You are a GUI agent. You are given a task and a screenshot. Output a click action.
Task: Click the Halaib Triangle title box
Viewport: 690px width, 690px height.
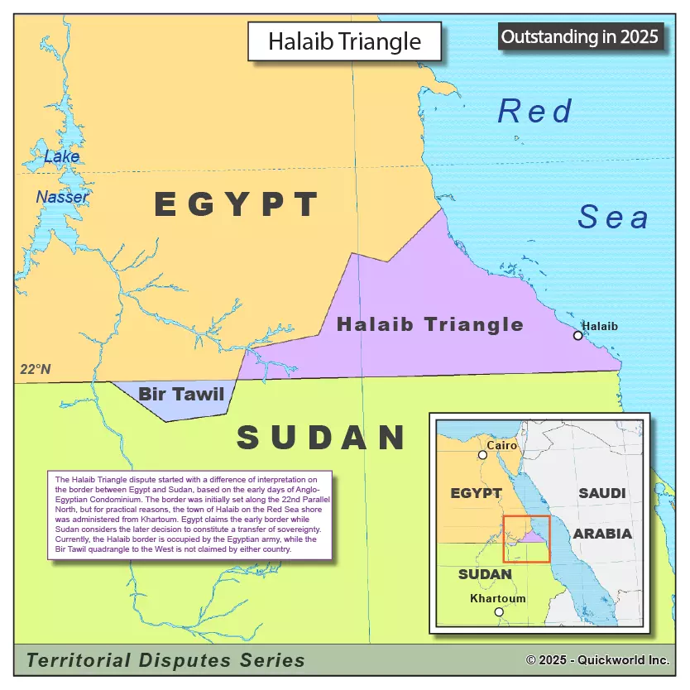(345, 41)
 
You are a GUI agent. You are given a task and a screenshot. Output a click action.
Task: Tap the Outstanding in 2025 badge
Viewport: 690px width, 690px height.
(580, 36)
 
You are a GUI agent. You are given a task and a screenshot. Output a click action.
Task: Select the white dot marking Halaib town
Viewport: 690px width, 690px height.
(578, 335)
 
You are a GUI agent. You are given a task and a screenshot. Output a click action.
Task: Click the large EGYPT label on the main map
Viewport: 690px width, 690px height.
(237, 204)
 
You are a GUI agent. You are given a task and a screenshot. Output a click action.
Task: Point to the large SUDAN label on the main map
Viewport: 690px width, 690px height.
(321, 437)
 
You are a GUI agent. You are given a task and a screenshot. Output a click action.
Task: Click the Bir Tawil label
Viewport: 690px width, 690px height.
(181, 394)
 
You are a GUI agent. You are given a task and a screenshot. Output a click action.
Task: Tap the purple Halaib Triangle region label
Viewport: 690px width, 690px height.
(429, 324)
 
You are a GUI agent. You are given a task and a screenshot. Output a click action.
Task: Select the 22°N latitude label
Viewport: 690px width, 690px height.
(36, 369)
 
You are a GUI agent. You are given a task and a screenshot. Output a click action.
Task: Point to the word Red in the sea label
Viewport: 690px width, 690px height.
(535, 111)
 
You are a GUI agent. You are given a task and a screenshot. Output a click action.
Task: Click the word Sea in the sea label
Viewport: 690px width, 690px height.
(613, 217)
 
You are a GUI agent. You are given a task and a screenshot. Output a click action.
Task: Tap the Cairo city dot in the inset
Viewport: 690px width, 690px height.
(482, 455)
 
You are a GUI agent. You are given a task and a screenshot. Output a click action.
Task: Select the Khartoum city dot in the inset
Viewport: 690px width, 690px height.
(498, 612)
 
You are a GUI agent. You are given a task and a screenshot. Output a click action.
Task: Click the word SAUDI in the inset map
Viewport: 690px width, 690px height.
(601, 493)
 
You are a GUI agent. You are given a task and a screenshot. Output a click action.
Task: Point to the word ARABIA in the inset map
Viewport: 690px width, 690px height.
(602, 534)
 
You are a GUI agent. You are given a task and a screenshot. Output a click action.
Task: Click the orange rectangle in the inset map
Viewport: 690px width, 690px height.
(526, 539)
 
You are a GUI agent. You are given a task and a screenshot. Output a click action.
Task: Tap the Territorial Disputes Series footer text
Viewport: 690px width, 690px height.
(165, 660)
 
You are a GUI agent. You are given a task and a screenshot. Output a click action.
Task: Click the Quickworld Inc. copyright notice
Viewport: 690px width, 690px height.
(597, 660)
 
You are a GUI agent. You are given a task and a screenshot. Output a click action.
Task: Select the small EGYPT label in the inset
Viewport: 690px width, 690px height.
(476, 493)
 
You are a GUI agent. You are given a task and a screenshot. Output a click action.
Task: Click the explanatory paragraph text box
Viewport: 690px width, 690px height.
(189, 515)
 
